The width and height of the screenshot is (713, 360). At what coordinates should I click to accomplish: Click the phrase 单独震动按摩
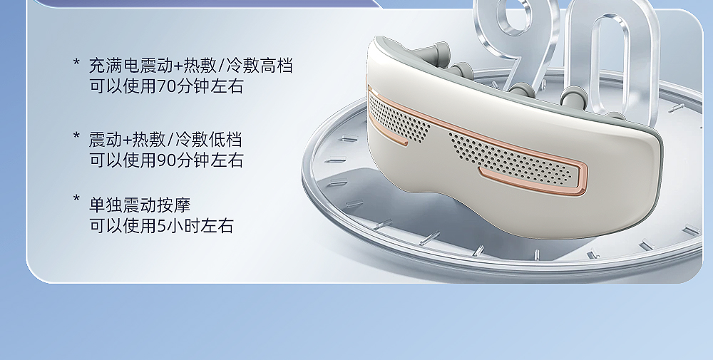(140, 205)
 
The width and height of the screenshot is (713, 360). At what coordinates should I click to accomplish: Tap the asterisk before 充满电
(76, 62)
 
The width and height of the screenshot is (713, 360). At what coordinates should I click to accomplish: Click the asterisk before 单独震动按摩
(76, 198)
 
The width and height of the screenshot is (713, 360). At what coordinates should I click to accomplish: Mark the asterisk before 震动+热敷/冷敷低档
(76, 136)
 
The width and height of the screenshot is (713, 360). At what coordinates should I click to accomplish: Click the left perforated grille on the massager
(396, 119)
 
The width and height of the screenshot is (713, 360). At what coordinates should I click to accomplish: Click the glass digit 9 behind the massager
(516, 41)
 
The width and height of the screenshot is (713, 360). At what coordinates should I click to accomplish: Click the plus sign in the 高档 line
(178, 66)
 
